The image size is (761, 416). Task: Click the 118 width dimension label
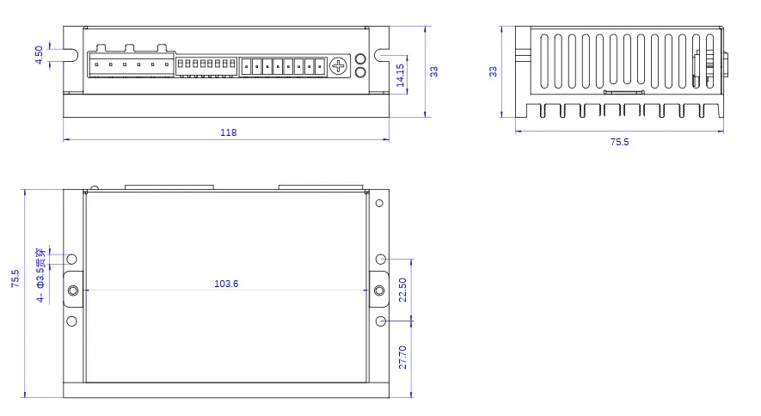pos(228,132)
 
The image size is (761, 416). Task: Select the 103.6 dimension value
pos(226,284)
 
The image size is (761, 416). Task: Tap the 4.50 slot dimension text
pos(39,55)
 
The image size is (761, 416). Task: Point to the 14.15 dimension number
pos(401,75)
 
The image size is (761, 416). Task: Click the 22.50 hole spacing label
pos(402,290)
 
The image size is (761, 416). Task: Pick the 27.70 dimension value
pos(402,358)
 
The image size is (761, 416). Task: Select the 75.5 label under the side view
pos(619,142)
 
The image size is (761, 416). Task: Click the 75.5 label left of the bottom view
pos(15,278)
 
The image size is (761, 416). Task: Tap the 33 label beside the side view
pos(493,71)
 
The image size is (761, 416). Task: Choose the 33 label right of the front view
pos(434,71)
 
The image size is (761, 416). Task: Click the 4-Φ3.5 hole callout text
pos(40,275)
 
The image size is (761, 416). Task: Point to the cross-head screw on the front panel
pos(339,66)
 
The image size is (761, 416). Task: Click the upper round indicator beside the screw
pos(360,59)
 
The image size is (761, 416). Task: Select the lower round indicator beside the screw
pos(360,72)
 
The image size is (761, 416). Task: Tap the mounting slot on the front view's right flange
pos(382,55)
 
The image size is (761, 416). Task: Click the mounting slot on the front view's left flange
pos(71,55)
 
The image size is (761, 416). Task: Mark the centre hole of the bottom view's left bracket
pos(73,291)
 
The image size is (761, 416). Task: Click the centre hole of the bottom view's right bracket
pos(379,291)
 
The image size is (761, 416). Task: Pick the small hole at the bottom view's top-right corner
pos(379,203)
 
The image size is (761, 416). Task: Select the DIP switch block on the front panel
pos(206,65)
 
